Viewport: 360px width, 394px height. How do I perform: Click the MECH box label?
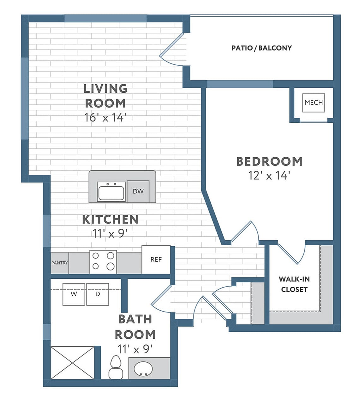point(314,103)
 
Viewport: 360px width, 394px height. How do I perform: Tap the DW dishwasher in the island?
point(138,191)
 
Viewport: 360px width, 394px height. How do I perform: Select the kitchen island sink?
point(111,192)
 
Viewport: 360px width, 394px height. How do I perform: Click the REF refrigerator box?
point(156,259)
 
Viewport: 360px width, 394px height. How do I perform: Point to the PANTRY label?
point(60,263)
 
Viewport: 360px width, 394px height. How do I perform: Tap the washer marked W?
point(74,294)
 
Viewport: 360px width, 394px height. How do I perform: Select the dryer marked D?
point(98,294)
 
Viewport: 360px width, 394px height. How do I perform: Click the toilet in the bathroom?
point(116,367)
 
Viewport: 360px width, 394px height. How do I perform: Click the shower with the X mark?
point(73,362)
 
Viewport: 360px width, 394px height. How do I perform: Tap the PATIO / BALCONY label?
point(261,48)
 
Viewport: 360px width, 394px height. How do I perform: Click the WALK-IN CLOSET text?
point(294,284)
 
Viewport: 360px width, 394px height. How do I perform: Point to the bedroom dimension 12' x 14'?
point(269,175)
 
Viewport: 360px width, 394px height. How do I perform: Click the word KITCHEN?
point(110,219)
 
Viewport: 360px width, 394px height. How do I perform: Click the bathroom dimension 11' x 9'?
point(135,349)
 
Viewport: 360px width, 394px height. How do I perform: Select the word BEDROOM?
point(269,161)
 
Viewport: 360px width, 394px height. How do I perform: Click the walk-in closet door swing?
point(292,253)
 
